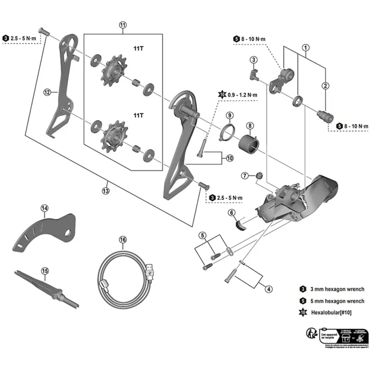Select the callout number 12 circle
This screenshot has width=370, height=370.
(47, 92)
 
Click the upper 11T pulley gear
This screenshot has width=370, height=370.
(111, 70)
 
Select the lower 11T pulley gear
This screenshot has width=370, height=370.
(111, 134)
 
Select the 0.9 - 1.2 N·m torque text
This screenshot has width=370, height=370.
(242, 95)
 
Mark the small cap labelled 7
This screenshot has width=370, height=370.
(260, 175)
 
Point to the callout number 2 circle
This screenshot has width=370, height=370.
(326, 85)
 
